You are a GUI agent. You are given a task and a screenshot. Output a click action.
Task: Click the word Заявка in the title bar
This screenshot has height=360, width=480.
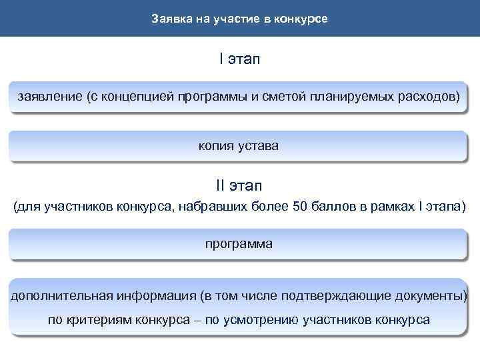point(169,18)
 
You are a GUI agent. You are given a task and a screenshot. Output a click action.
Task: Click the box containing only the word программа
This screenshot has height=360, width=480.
point(239,244)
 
